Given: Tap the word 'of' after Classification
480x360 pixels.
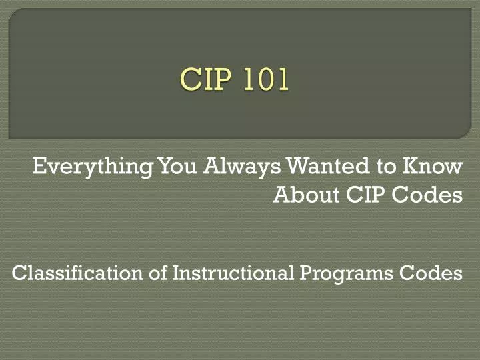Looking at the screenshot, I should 159,273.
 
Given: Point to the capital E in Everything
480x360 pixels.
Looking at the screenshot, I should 39,165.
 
